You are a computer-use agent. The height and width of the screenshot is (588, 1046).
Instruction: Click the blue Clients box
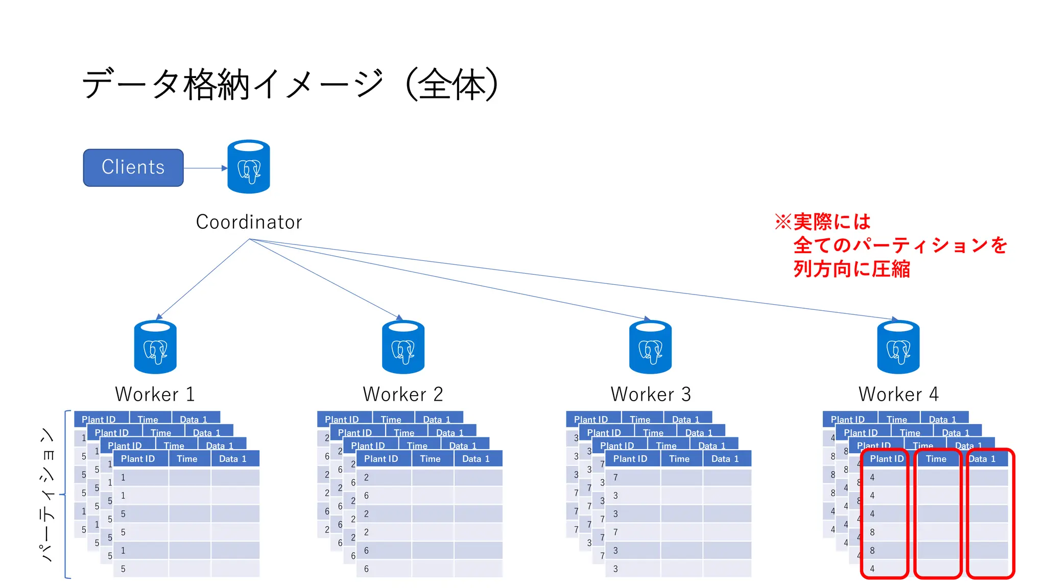pos(133,167)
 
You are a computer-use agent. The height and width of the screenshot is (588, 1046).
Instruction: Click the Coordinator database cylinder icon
pos(249,167)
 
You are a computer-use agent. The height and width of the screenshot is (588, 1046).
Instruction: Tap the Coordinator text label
pos(249,222)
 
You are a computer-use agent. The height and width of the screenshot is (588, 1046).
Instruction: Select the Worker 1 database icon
pos(155,347)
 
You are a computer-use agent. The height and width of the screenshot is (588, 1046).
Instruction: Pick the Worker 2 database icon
pos(403,347)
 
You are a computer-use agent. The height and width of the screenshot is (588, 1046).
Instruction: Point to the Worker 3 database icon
pos(650,347)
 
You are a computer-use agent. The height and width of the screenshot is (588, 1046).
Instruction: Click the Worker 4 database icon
pos(898,347)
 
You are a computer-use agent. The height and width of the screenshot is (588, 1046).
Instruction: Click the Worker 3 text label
pos(650,394)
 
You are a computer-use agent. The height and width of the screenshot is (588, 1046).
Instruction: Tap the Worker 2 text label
pos(403,394)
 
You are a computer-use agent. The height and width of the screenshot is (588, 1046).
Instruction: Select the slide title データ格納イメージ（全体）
pos(290,85)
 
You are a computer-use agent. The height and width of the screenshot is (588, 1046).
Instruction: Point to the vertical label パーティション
pos(47,494)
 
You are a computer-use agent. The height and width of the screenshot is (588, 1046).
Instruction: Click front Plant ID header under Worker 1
pos(138,459)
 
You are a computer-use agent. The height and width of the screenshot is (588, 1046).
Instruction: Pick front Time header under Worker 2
pos(430,459)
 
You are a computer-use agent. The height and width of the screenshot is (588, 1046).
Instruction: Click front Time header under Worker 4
pos(936,459)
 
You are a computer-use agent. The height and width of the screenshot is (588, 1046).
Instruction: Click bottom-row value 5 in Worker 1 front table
pos(123,569)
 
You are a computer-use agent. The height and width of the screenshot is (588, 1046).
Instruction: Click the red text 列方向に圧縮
pos(851,269)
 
